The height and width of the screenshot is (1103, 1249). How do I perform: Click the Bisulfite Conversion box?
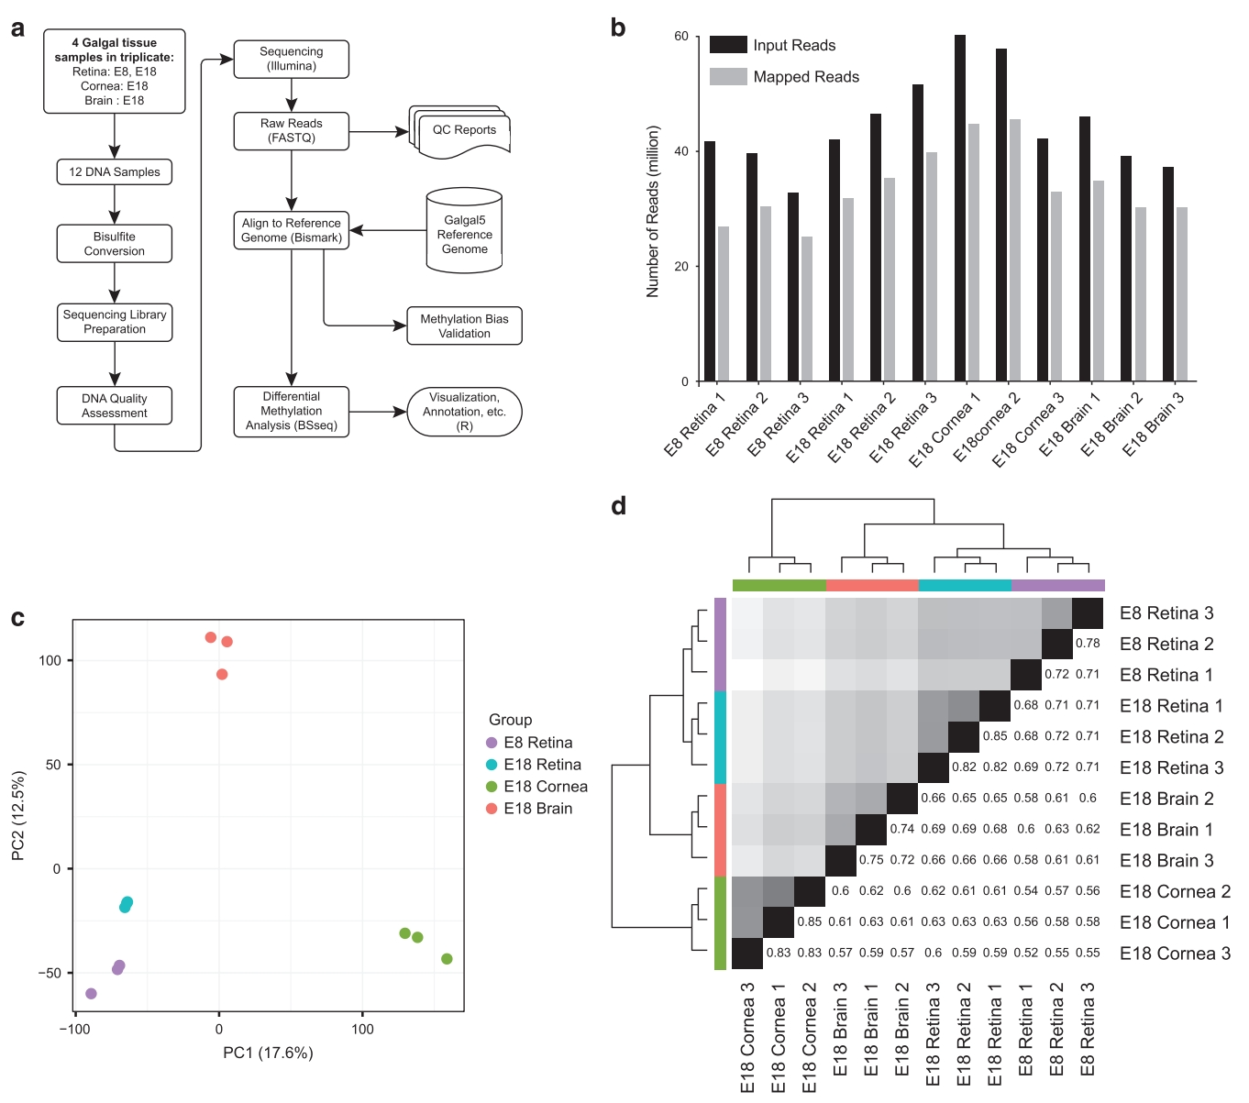click(114, 244)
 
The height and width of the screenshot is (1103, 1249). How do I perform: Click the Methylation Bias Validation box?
click(464, 325)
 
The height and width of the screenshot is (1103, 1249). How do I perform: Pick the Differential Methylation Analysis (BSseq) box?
click(291, 412)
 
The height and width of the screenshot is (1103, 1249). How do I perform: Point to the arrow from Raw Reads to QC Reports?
click(378, 131)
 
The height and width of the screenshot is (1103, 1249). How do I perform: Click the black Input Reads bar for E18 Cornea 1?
click(959, 208)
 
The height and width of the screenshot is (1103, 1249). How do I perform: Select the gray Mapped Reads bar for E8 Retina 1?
click(724, 303)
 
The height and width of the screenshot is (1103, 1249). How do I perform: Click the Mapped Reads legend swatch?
click(728, 77)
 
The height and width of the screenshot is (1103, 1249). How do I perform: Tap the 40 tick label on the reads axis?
click(681, 151)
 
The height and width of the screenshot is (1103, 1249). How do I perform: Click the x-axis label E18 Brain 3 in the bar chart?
click(1154, 424)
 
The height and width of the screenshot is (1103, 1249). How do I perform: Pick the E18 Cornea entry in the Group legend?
click(546, 787)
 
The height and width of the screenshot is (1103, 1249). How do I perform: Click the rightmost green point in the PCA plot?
click(447, 959)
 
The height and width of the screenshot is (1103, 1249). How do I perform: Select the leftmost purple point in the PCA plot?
click(91, 994)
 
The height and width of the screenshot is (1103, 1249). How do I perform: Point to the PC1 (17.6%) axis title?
click(268, 1053)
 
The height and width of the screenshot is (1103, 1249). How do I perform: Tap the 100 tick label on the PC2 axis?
click(50, 660)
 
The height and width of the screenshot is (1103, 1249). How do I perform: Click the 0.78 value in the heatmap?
click(1088, 644)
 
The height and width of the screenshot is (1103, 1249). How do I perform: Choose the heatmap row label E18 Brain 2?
click(1166, 799)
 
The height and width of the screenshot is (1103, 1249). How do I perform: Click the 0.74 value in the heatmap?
click(902, 829)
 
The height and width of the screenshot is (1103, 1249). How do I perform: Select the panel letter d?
click(619, 506)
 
